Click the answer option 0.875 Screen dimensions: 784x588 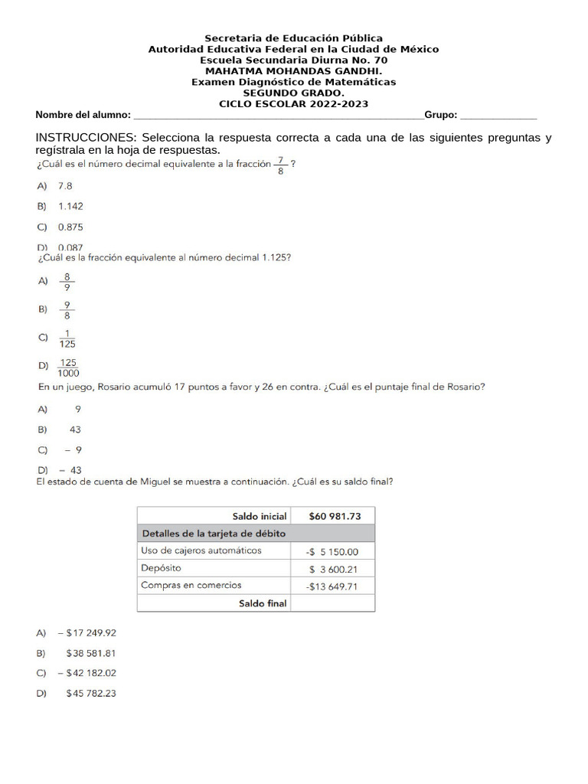(70, 227)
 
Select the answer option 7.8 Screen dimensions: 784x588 (65, 185)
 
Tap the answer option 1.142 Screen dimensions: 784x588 (70, 206)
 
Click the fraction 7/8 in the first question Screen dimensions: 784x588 (281, 165)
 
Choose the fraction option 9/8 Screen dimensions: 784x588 (67, 309)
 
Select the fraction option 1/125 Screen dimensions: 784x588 (67, 338)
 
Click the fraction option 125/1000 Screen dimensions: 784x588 (69, 368)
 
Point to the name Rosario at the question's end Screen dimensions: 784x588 (464, 387)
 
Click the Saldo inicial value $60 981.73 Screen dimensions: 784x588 (334, 516)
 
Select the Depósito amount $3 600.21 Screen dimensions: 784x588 (333, 569)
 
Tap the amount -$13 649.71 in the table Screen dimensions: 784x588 (332, 586)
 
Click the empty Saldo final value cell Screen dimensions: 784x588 (333, 603)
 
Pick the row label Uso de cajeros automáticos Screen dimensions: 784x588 (201, 550)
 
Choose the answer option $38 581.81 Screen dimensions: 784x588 (90, 653)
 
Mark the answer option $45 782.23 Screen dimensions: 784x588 (90, 694)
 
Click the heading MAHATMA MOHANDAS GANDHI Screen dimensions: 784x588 (293, 71)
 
